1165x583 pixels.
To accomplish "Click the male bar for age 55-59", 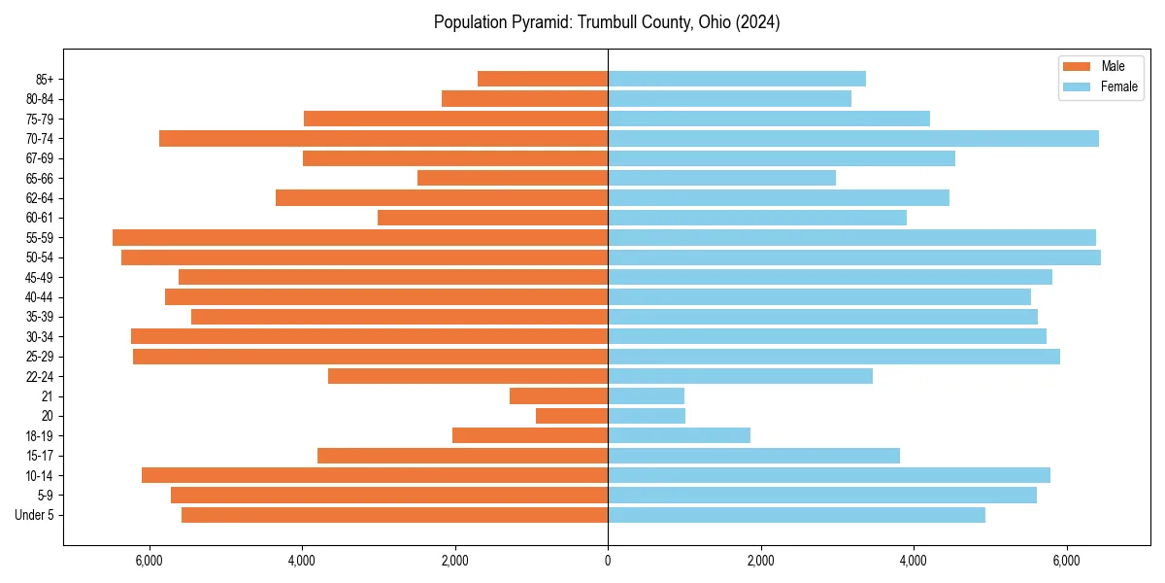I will pyautogui.click(x=359, y=237).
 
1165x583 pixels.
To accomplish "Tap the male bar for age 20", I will pyautogui.click(x=572, y=416).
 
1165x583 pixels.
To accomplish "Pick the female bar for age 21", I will pyautogui.click(x=646, y=395).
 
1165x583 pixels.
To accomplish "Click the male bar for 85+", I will pyautogui.click(x=543, y=79).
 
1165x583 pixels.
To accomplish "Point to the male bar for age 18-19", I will pyautogui.click(x=530, y=435).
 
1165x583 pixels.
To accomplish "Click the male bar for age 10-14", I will pyautogui.click(x=375, y=475).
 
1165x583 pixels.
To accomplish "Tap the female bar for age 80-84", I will pyautogui.click(x=729, y=98).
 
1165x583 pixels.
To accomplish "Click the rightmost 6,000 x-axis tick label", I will pyautogui.click(x=1066, y=561).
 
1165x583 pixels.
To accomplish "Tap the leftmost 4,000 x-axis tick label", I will pyautogui.click(x=302, y=561).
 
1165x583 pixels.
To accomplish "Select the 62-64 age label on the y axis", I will pyautogui.click(x=40, y=198).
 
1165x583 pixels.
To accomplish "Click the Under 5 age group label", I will pyautogui.click(x=35, y=515).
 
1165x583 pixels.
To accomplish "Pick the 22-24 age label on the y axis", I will pyautogui.click(x=40, y=376).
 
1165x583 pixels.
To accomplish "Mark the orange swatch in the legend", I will pyautogui.click(x=1077, y=66).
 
